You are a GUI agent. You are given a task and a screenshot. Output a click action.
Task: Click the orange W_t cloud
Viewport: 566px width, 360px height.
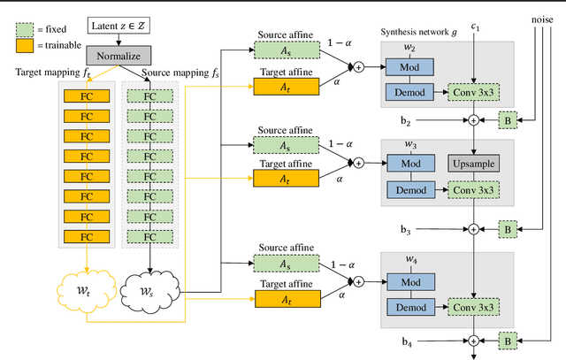[x=86, y=289]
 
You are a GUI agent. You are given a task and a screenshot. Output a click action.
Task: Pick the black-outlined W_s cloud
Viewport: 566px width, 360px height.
[x=149, y=289]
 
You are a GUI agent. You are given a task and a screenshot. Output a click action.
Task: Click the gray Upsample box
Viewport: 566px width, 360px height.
[x=474, y=163]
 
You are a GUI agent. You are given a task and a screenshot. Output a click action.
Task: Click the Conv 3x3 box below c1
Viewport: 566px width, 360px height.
[x=474, y=91]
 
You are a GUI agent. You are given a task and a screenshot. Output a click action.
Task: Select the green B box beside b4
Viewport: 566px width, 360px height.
[x=509, y=341]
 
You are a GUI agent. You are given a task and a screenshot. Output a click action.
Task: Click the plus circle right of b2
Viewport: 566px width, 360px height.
[x=474, y=119]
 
